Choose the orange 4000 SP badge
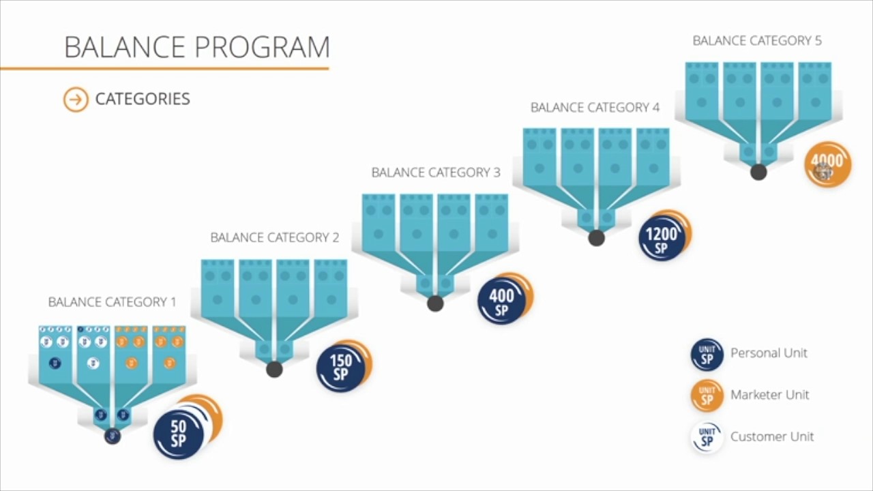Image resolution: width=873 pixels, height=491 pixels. click(828, 164)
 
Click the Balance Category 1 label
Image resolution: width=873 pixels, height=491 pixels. click(112, 302)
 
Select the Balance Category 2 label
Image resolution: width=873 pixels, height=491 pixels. click(274, 237)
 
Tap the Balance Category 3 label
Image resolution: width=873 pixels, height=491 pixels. click(436, 173)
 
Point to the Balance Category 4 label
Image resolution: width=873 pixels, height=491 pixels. click(595, 108)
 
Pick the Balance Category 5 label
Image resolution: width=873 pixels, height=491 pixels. click(757, 41)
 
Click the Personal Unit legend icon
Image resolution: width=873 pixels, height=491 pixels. click(707, 355)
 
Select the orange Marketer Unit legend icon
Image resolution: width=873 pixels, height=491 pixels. click(707, 396)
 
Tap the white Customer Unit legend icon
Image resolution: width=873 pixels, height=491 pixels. click(707, 438)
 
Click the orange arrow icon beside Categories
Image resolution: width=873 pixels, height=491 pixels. click(76, 100)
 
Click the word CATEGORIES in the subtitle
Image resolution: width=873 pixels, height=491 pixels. click(143, 99)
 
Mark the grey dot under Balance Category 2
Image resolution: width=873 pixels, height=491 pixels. click(274, 369)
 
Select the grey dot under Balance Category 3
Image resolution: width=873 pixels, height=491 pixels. click(435, 303)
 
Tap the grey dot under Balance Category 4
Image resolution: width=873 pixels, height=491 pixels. click(596, 238)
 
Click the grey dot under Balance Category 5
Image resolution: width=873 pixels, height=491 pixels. click(758, 172)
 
